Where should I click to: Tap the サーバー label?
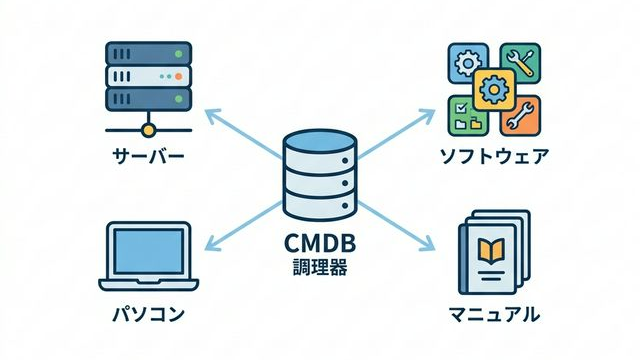[x=148, y=157]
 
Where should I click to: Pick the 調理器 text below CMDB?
[x=319, y=269]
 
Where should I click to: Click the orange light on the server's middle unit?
[x=178, y=76]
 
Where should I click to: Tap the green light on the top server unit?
[x=178, y=53]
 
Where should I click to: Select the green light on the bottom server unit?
[x=178, y=100]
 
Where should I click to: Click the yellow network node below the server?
[x=148, y=129]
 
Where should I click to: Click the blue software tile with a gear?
[x=466, y=62]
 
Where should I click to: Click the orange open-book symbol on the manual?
[x=492, y=247]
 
